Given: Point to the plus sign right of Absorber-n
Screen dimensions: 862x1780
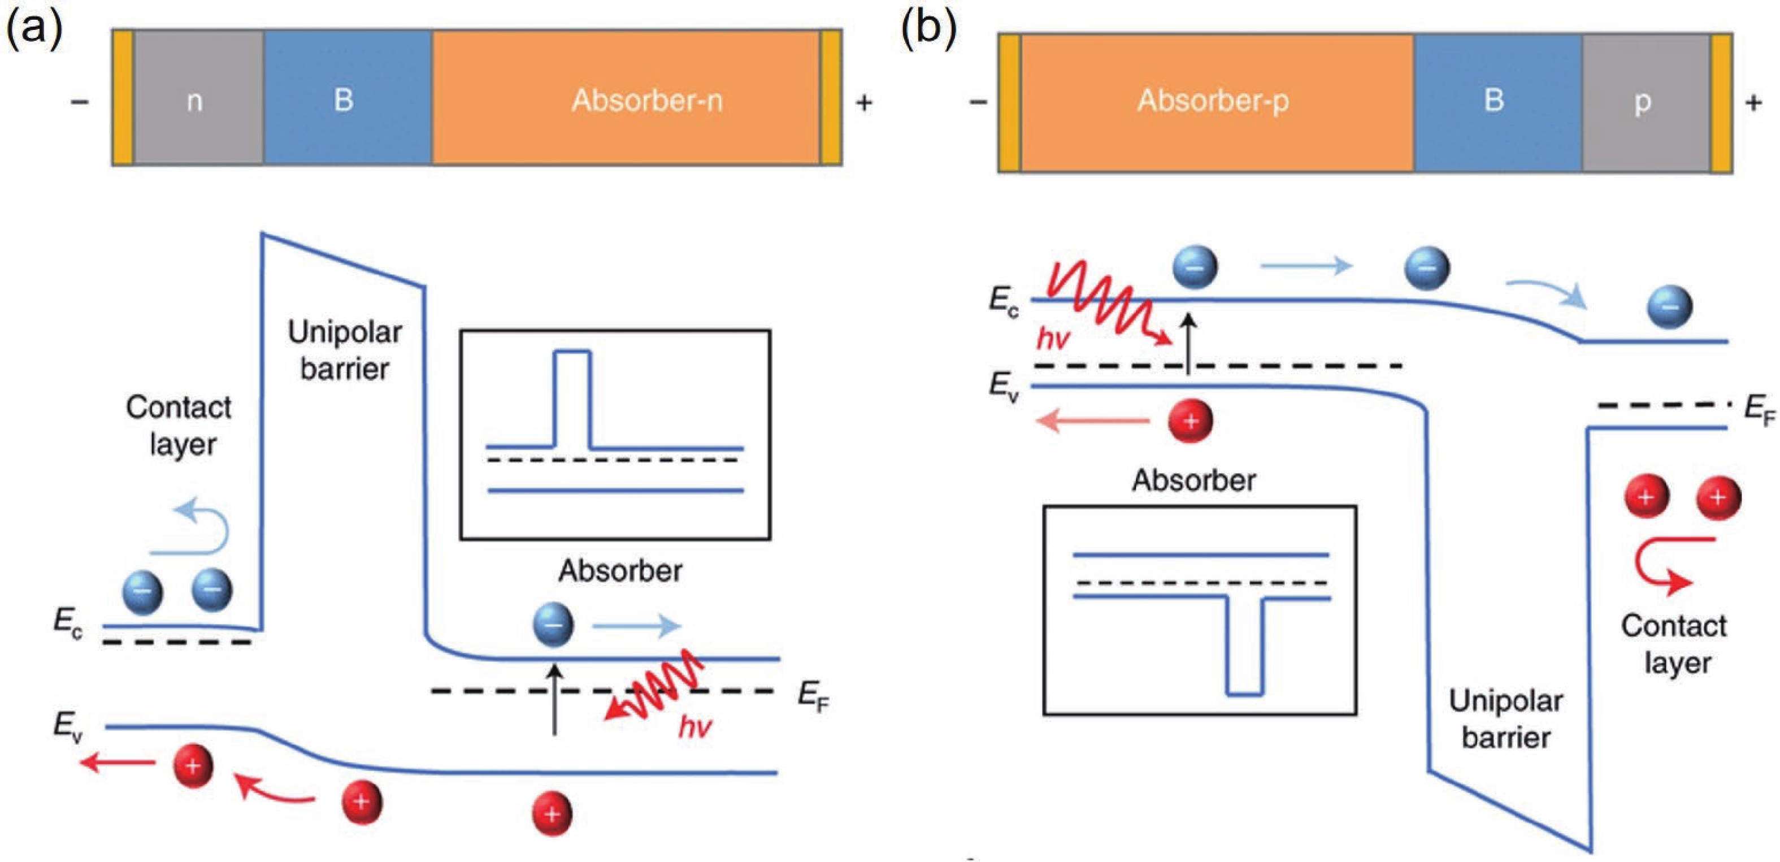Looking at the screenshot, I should pyautogui.click(x=864, y=103).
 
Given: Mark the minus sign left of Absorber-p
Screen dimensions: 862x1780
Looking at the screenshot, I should pyautogui.click(x=978, y=103).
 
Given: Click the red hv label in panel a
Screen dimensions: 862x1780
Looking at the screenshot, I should pyautogui.click(x=694, y=727).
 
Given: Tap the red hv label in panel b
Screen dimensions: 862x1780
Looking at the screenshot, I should pyautogui.click(x=1053, y=339).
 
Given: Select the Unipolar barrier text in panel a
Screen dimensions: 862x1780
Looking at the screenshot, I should pyautogui.click(x=344, y=350).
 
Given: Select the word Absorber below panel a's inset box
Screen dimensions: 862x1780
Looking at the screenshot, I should pyautogui.click(x=620, y=571).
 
